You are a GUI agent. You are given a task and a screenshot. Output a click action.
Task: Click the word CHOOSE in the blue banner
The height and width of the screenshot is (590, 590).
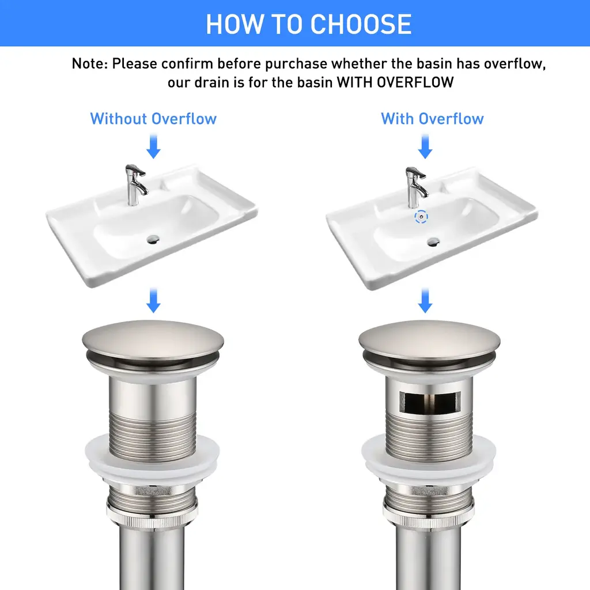tap(361, 24)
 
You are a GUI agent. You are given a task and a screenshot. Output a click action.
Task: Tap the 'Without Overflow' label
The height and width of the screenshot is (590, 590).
tap(153, 119)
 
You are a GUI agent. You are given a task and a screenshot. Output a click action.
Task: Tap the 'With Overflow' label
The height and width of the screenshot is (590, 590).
tap(432, 119)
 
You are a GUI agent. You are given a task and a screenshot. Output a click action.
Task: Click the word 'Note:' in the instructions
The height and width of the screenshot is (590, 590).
tap(89, 63)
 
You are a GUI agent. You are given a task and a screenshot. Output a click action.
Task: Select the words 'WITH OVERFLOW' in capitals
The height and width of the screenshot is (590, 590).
tap(395, 82)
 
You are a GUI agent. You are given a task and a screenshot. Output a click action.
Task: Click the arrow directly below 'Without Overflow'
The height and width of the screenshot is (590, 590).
tap(153, 146)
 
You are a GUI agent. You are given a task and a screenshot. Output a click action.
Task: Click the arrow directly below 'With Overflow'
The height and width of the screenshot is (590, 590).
tap(425, 146)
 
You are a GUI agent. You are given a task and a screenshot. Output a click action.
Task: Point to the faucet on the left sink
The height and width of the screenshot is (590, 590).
tap(135, 184)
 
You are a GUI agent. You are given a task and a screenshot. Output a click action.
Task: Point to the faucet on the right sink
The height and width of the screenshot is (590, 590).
tap(415, 187)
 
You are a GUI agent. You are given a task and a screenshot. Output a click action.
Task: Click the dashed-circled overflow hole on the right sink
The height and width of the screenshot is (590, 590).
tap(421, 217)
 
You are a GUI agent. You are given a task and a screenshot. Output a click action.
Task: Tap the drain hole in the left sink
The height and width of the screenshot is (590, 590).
tap(153, 239)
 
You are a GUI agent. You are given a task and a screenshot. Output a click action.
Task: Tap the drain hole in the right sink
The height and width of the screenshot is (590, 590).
tap(433, 241)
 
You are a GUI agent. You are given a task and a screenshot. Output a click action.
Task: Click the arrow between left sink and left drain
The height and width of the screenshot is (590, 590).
tap(153, 300)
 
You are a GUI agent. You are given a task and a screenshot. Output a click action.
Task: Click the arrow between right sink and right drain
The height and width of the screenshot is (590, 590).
tap(425, 300)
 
